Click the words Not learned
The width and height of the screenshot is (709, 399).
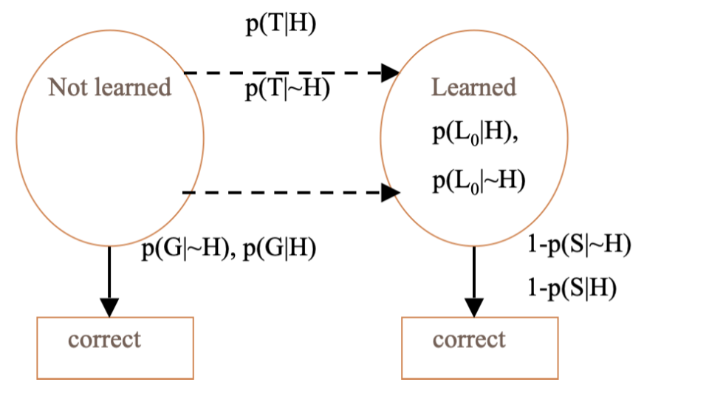point(109,87)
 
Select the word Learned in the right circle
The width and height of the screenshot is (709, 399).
point(473,87)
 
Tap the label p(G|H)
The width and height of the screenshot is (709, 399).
point(280,249)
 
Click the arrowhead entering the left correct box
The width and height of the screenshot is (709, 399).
point(109,307)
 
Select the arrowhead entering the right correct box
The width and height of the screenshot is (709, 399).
point(474,307)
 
